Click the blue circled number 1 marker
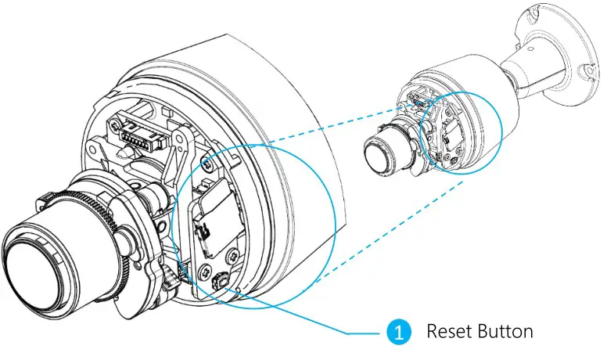(399, 333)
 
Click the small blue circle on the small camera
(460, 134)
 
